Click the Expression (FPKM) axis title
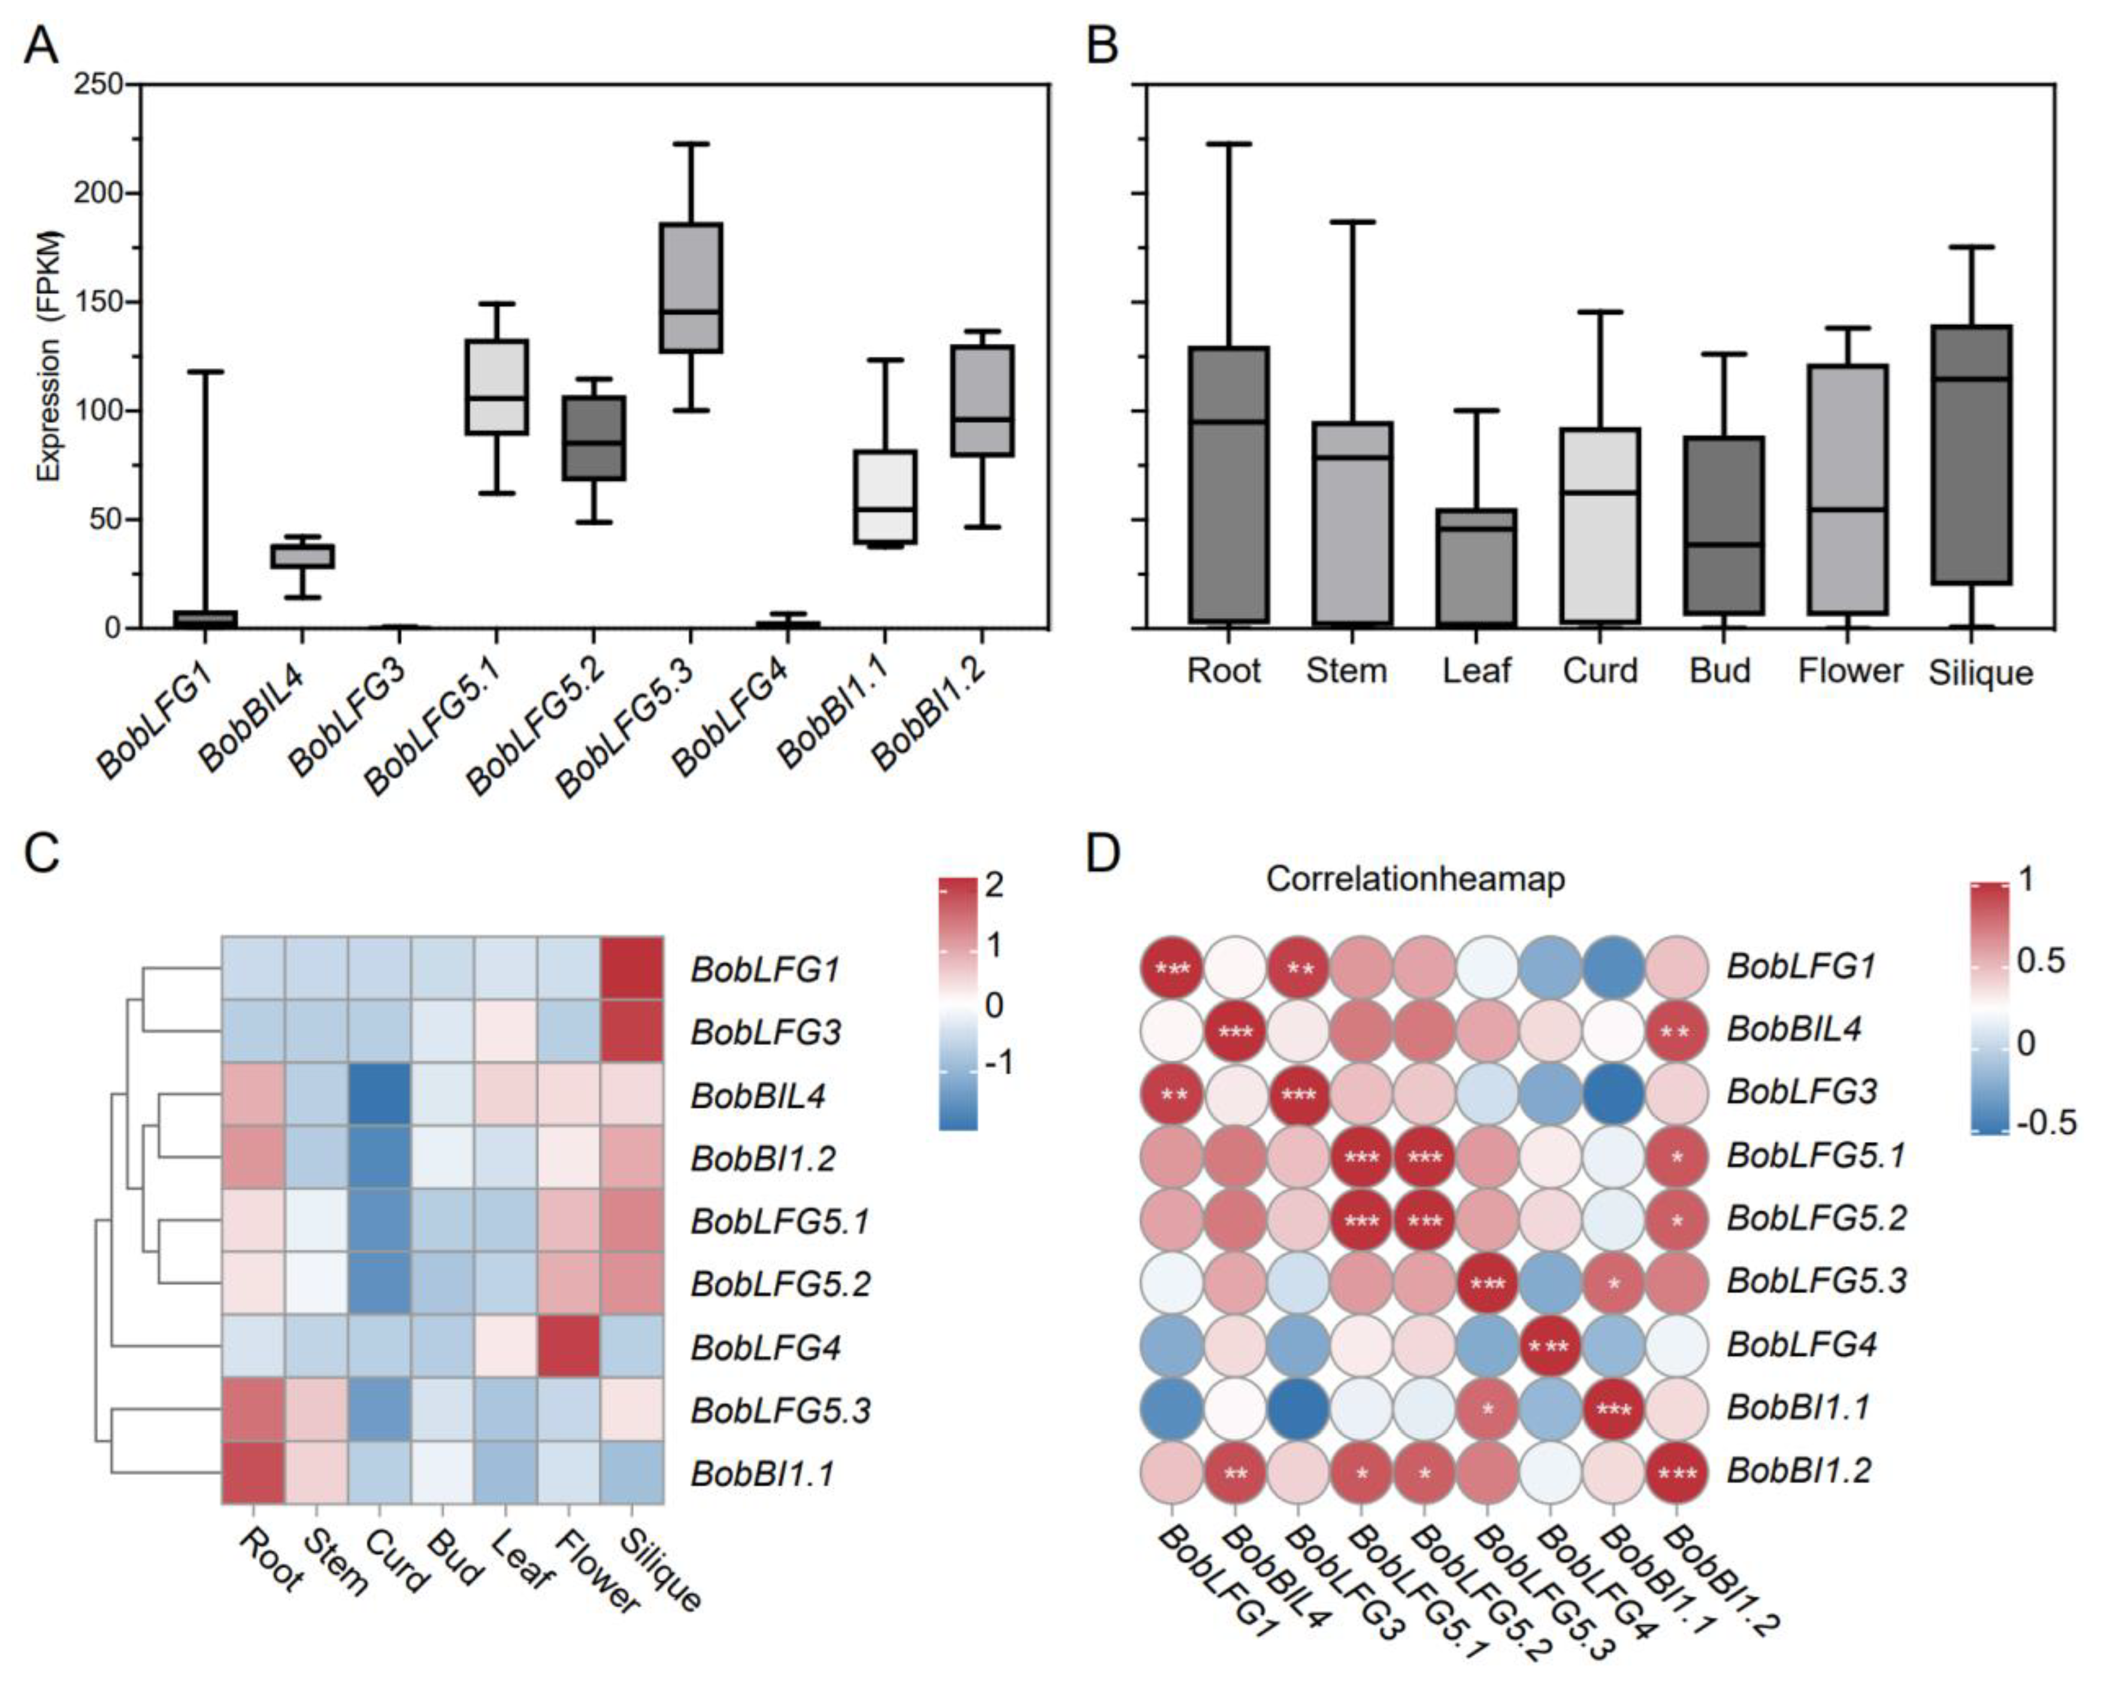(49, 356)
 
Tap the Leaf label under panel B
(1476, 671)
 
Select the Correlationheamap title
(1415, 879)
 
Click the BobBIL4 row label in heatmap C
(758, 1096)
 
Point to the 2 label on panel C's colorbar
(994, 884)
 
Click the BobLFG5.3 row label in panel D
(1815, 1281)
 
